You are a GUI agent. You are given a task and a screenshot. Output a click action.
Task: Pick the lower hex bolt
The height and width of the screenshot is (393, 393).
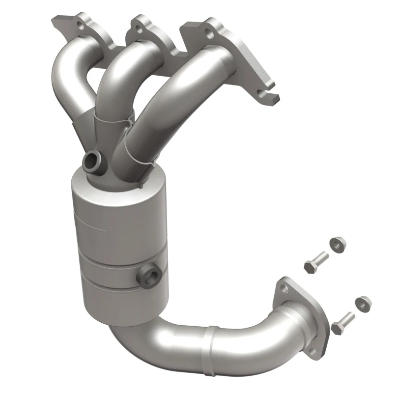342,321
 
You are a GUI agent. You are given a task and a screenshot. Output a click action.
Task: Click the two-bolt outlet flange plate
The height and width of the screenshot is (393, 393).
302,309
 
